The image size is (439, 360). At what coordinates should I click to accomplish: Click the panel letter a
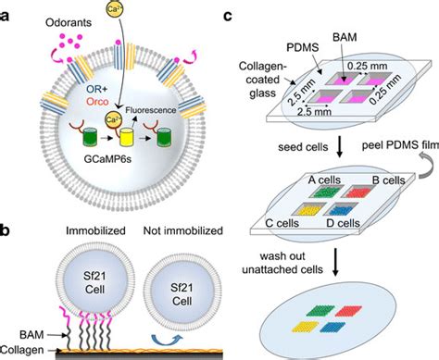10,11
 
